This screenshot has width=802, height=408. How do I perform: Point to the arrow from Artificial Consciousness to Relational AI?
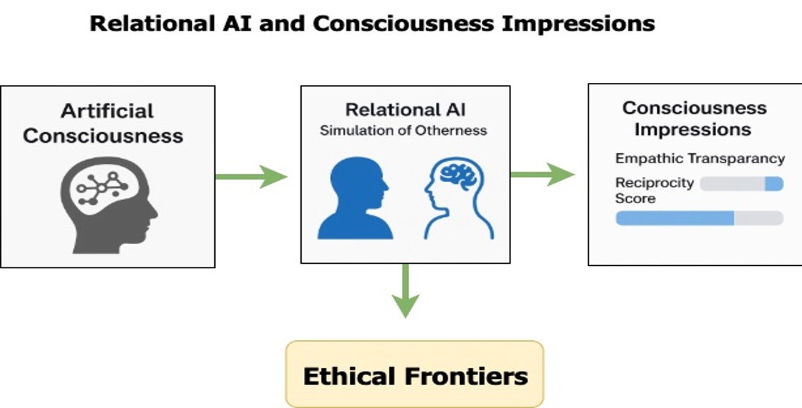point(252,176)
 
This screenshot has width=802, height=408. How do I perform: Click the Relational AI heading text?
point(405,110)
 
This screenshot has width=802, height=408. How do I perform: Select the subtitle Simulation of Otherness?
point(405,131)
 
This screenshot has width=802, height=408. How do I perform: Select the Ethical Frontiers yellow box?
point(415,374)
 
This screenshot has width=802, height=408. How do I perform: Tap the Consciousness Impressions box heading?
point(693,119)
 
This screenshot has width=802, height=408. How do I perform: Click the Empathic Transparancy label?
point(699,159)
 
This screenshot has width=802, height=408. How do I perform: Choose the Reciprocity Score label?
point(653,190)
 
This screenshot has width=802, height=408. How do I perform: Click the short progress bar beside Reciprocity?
point(741,184)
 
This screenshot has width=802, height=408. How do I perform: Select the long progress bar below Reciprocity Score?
point(699,218)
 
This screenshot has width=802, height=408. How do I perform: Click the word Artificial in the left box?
point(107,111)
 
